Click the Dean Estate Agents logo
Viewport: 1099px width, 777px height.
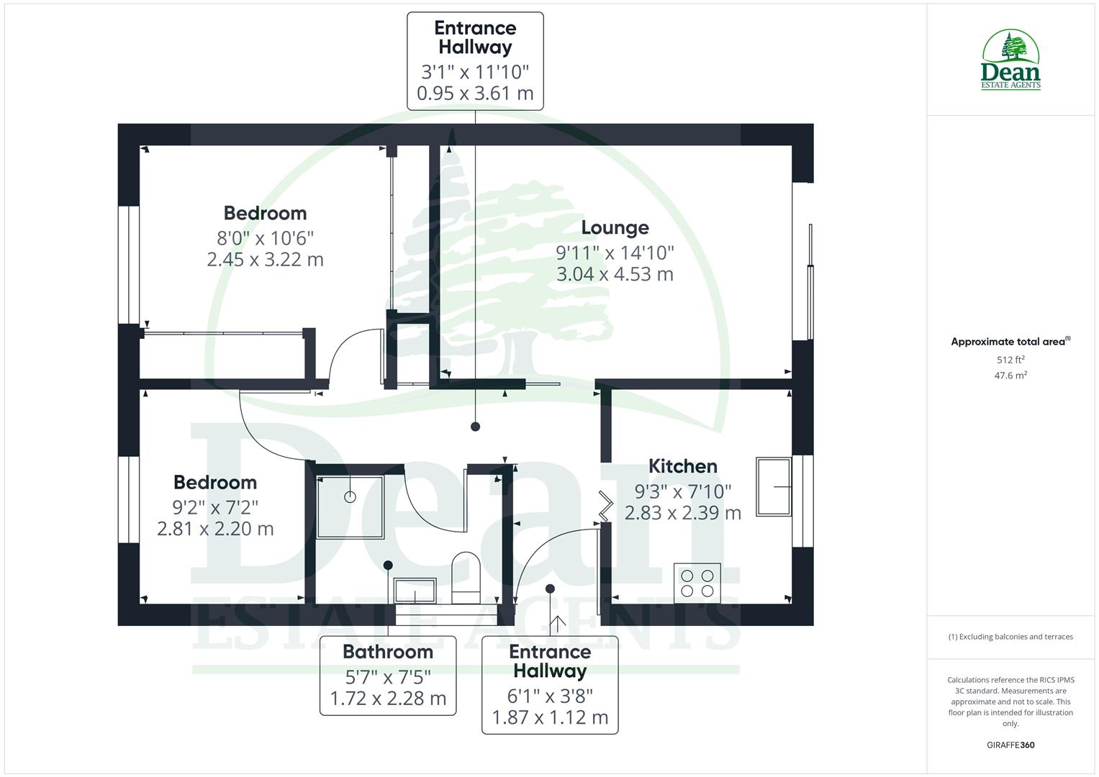tap(1010, 60)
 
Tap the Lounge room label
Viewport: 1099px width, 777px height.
tap(615, 227)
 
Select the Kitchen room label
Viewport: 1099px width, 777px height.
tap(682, 466)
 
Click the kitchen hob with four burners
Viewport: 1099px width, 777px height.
tap(697, 583)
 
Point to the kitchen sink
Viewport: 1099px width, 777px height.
tap(774, 487)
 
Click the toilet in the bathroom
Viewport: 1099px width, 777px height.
tap(466, 577)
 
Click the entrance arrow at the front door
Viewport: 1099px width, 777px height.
tap(558, 624)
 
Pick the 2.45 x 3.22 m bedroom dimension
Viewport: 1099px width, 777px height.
tap(265, 260)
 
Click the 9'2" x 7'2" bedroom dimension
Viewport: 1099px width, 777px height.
tap(215, 507)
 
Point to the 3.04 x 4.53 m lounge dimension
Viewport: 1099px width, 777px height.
tap(615, 274)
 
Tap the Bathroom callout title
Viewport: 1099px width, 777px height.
tap(387, 652)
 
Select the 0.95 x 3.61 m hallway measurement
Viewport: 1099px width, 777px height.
tap(475, 94)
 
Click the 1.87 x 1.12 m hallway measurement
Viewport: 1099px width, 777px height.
tap(550, 717)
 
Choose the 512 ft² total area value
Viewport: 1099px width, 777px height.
tap(1010, 360)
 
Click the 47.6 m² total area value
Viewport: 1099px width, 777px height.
tap(1010, 375)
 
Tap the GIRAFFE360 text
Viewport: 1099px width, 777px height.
tap(1010, 745)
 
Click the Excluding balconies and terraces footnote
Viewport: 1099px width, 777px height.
tap(1010, 637)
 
